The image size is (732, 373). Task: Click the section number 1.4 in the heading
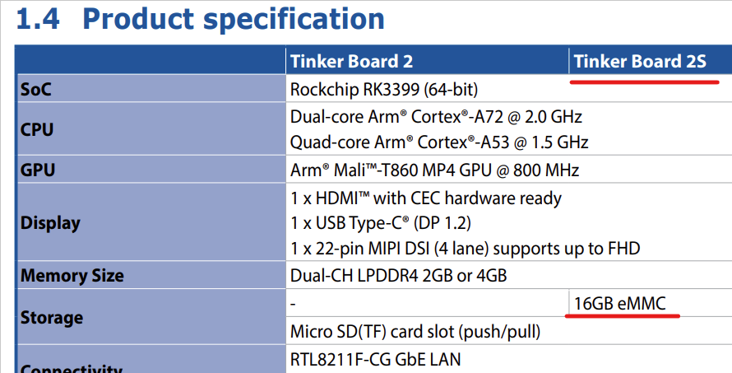pyautogui.click(x=38, y=19)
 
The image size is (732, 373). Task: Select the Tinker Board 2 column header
pyautogui.click(x=351, y=61)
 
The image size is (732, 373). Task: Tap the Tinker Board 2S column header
pyautogui.click(x=640, y=61)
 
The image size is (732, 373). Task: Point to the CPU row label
pyautogui.click(x=37, y=129)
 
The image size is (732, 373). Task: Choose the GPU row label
pyautogui.click(x=37, y=170)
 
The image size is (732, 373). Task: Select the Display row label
pyautogui.click(x=50, y=223)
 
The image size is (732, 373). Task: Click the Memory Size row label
pyautogui.click(x=72, y=275)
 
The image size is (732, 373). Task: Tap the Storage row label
pyautogui.click(x=51, y=318)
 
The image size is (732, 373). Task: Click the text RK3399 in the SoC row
pyautogui.click(x=391, y=90)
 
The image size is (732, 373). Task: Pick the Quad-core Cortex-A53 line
pyautogui.click(x=439, y=142)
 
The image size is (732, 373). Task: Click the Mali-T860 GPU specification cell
pyautogui.click(x=434, y=170)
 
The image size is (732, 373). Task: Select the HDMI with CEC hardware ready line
pyautogui.click(x=426, y=198)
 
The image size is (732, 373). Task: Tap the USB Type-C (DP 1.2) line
pyautogui.click(x=381, y=223)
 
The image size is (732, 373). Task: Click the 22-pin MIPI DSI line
pyautogui.click(x=465, y=248)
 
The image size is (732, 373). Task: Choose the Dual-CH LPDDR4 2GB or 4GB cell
pyautogui.click(x=398, y=275)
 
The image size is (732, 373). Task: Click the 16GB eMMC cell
pyautogui.click(x=619, y=304)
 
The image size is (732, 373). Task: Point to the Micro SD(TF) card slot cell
pyautogui.click(x=415, y=332)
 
